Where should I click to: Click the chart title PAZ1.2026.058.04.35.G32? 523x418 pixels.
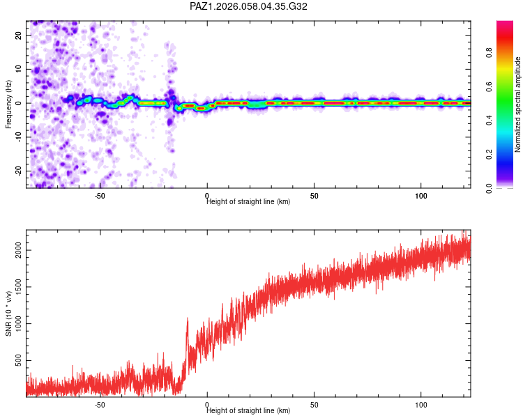pos(249,7)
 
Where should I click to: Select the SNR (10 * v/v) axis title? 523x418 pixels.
pos(8,313)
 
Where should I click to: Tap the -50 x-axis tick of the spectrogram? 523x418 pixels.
pos(100,196)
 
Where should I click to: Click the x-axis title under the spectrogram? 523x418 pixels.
pos(248,202)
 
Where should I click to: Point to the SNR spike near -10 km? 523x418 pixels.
pos(187,320)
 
